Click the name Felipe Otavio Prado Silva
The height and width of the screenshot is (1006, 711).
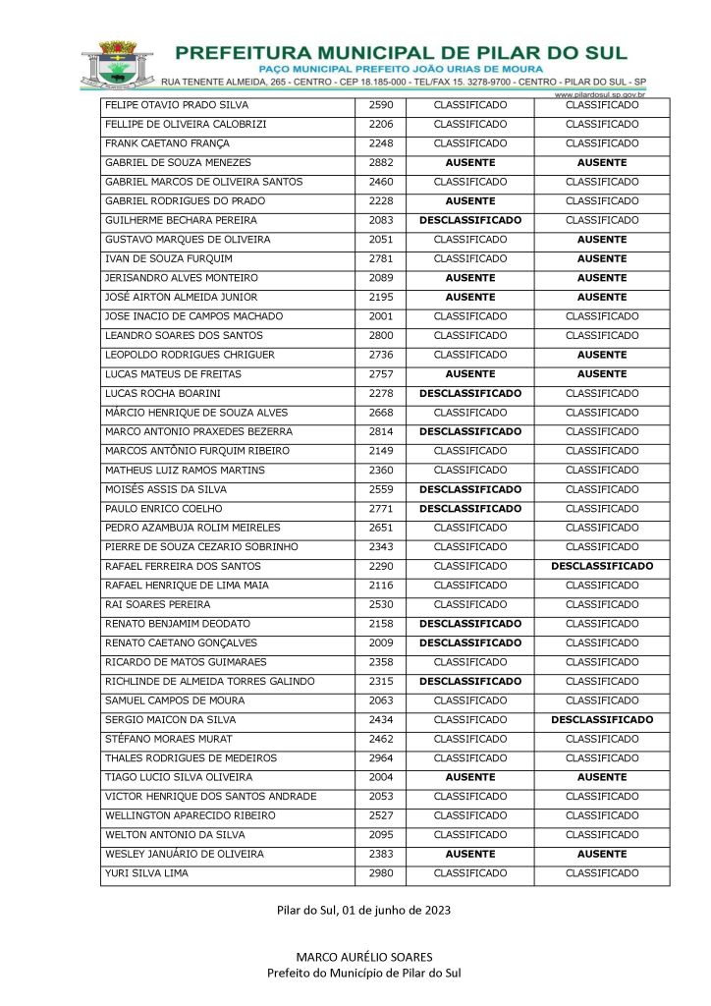tap(177, 105)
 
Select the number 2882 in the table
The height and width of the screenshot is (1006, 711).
tap(380, 163)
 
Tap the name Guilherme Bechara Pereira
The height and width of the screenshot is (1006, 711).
tap(181, 221)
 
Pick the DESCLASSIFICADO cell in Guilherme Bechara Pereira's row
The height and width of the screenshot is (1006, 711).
tap(470, 221)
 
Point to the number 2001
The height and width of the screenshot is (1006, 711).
tap(380, 316)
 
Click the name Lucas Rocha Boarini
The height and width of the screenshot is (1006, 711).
tap(159, 393)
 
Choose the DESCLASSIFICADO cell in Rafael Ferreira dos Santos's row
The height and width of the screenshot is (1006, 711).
tap(602, 566)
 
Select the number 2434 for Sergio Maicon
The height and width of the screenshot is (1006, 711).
tap(380, 720)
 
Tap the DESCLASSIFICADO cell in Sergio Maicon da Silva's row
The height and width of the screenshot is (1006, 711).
tap(602, 720)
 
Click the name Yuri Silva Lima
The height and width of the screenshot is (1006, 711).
tap(146, 873)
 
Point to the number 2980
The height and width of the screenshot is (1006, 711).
tap(380, 873)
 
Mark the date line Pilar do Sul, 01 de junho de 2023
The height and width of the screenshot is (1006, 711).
tap(363, 911)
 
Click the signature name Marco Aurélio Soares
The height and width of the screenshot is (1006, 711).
tap(363, 957)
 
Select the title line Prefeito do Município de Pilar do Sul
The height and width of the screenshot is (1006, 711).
tap(363, 973)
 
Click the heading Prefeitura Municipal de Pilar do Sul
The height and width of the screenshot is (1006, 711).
tap(401, 52)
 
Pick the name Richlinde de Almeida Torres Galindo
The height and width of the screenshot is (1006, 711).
tap(209, 682)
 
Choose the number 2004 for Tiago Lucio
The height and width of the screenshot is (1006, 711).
tap(380, 777)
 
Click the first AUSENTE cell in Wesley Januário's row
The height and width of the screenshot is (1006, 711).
tap(470, 855)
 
